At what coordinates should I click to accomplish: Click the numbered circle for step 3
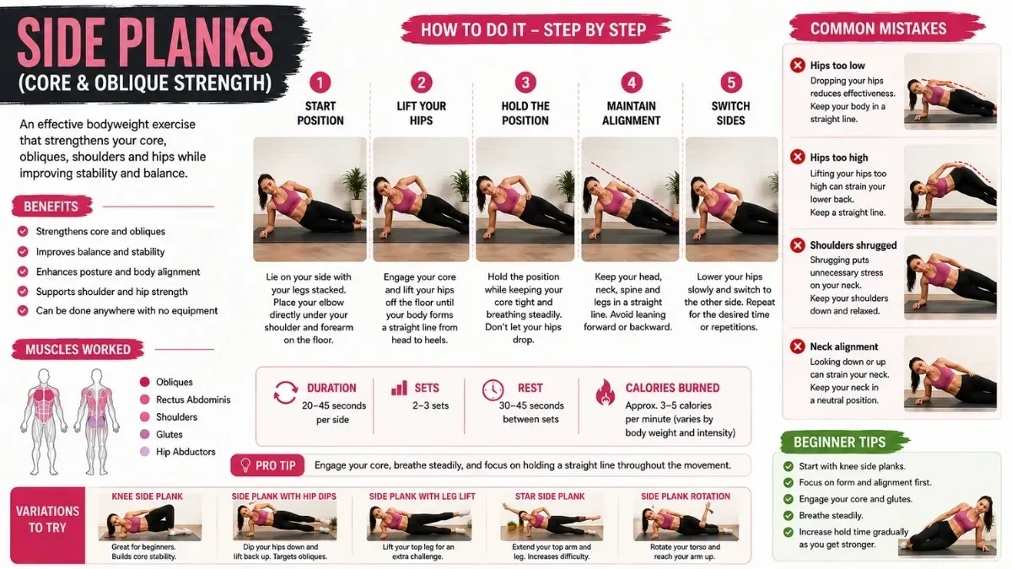click(x=525, y=83)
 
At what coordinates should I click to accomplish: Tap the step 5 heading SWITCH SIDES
click(x=730, y=113)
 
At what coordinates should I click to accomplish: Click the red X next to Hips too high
click(x=798, y=157)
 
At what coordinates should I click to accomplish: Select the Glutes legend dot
click(x=144, y=434)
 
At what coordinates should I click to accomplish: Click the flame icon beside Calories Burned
click(x=605, y=392)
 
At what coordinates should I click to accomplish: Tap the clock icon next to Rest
click(x=493, y=389)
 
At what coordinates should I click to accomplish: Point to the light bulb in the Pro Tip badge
click(x=245, y=465)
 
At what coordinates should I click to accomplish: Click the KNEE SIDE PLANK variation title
click(x=148, y=497)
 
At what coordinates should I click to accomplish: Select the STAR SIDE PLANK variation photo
click(x=551, y=522)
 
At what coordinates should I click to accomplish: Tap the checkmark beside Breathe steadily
click(x=789, y=516)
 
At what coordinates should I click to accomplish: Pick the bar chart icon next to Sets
click(x=400, y=388)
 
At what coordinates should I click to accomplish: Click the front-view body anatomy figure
click(x=43, y=421)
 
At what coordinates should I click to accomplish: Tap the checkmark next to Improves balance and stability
click(x=23, y=251)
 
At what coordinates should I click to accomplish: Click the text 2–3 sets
click(x=431, y=405)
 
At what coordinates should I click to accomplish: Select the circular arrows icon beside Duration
click(x=286, y=392)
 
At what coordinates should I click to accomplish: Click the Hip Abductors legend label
click(x=186, y=452)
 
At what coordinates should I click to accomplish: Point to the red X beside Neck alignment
click(x=798, y=346)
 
